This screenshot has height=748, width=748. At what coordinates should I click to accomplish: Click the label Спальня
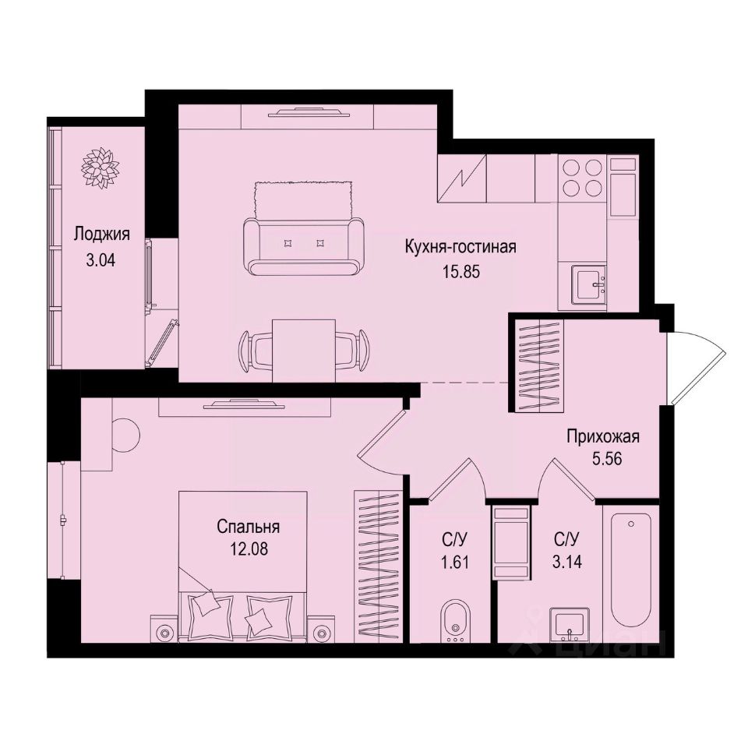coord(248,527)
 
